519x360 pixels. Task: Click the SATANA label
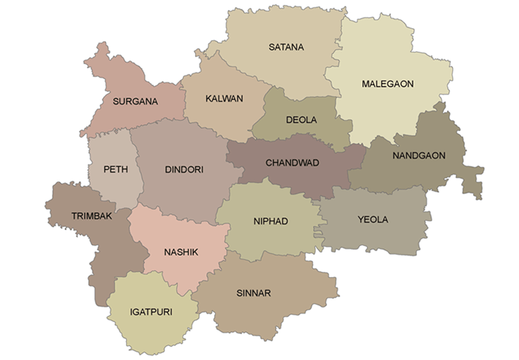pyautogui.click(x=286, y=47)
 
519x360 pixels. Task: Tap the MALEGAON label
pyautogui.click(x=387, y=84)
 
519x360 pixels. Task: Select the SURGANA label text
pyautogui.click(x=135, y=101)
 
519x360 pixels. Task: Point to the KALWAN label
pyautogui.click(x=224, y=99)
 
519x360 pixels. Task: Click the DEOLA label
pyautogui.click(x=301, y=119)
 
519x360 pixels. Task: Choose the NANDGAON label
pyautogui.click(x=419, y=156)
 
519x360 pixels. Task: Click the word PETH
pyautogui.click(x=116, y=169)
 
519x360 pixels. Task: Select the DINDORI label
pyautogui.click(x=184, y=170)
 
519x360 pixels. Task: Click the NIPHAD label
pyautogui.click(x=271, y=221)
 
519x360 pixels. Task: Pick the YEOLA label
pyautogui.click(x=372, y=219)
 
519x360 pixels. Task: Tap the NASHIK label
pyautogui.click(x=181, y=253)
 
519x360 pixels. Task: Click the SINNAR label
pyautogui.click(x=254, y=293)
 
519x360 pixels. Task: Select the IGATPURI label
pyautogui.click(x=151, y=312)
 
